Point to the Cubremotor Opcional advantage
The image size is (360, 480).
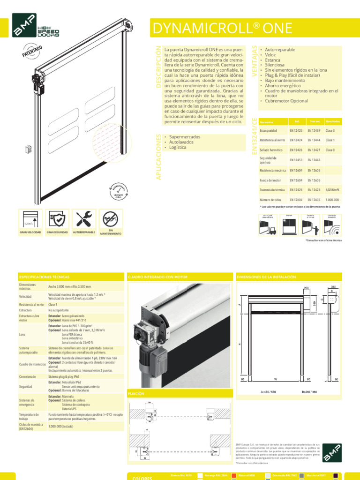coord(286,101)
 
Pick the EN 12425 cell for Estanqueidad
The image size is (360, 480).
coord(296,130)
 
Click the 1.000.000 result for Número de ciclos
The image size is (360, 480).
coord(333,200)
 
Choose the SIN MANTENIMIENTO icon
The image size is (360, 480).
coord(111,219)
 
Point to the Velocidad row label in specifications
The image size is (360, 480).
coord(26,297)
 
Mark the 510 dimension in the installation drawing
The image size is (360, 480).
coord(315,303)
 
